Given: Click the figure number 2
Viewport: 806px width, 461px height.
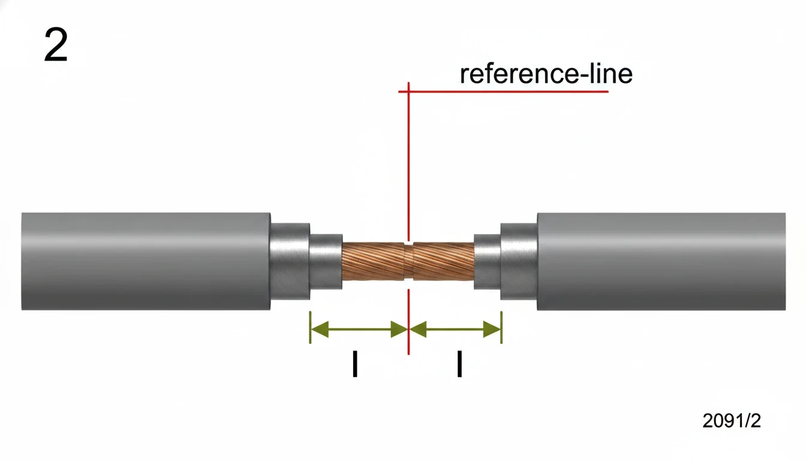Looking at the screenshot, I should (56, 46).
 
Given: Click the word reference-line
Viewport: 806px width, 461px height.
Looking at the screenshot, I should (546, 74).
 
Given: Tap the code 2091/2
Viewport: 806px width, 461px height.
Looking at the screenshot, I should (731, 421).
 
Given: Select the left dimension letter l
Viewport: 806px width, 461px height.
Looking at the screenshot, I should (356, 364).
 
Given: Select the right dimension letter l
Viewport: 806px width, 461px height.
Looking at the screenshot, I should (459, 364).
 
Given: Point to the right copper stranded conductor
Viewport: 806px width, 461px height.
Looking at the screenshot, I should (443, 261).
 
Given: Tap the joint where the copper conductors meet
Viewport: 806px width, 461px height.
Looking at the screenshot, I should (408, 261).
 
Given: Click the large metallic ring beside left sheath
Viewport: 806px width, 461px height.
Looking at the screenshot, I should (290, 261).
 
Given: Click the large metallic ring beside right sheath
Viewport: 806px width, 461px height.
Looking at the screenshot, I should (519, 261).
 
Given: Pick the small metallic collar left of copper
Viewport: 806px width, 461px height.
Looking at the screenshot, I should (326, 261).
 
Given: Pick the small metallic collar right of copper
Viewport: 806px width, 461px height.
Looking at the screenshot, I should (487, 261).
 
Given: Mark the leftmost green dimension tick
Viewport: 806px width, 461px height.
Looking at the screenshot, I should (310, 328).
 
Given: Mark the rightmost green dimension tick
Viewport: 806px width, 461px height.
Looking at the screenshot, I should (501, 328).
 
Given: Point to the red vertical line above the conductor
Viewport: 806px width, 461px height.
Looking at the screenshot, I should (408, 162).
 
